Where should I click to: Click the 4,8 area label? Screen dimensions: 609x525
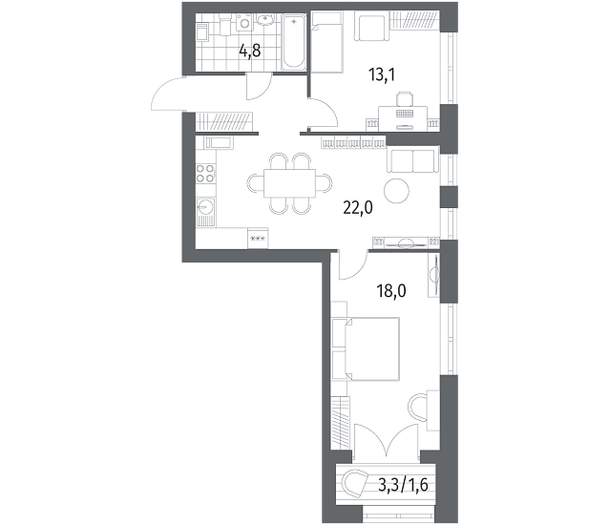[x=249, y=51]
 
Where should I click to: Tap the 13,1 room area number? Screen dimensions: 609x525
[x=382, y=74]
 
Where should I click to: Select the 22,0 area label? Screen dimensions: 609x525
[x=358, y=208]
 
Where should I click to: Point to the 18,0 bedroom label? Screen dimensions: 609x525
[x=391, y=290]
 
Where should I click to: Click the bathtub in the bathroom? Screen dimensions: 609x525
[x=294, y=42]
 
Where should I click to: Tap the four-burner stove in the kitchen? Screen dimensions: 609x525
[x=205, y=173]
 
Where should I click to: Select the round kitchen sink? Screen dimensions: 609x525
[x=205, y=206]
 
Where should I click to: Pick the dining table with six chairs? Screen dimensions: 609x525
[x=289, y=183]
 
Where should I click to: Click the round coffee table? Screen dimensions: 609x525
[x=396, y=190]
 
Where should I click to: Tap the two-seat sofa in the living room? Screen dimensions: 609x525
[x=412, y=159]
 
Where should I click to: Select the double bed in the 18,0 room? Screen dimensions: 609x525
[x=366, y=348]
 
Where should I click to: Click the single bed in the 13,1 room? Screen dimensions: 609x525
[x=326, y=42]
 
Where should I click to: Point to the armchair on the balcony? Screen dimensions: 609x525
[x=355, y=483]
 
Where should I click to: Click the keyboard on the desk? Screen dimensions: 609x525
[x=404, y=113]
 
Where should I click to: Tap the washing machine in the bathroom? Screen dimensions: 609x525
[x=244, y=22]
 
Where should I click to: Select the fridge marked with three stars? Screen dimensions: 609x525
[x=258, y=238]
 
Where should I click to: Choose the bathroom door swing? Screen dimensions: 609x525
[x=259, y=87]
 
